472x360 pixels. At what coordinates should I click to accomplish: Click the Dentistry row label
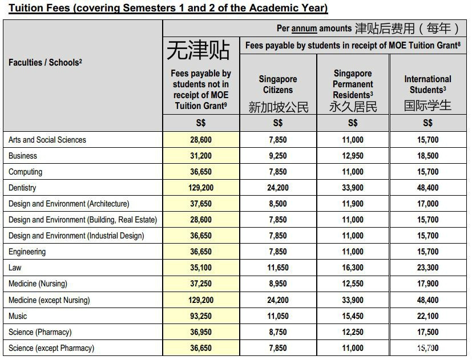[x=22, y=188]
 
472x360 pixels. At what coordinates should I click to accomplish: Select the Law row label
[x=15, y=268]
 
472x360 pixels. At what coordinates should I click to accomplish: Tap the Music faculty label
[x=18, y=316]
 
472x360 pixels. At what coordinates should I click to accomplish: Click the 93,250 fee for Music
[x=201, y=316]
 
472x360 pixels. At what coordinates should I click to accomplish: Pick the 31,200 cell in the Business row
[x=201, y=156]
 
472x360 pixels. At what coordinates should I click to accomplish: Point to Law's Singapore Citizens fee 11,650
[x=278, y=268]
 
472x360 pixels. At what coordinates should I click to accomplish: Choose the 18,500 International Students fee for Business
[x=427, y=156]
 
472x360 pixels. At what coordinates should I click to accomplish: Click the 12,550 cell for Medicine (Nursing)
[x=353, y=284]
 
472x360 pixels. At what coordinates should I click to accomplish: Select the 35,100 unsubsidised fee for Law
[x=201, y=268]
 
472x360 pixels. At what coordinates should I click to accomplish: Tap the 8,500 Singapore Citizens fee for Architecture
[x=278, y=204]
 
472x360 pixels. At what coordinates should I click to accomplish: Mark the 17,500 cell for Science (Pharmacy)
[x=427, y=332]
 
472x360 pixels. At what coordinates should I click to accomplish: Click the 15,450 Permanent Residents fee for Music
[x=353, y=316]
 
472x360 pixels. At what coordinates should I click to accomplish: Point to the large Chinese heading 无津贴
[x=198, y=50]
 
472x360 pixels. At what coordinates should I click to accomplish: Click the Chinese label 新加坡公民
[x=278, y=107]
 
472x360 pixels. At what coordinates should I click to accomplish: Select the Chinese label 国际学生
[x=427, y=106]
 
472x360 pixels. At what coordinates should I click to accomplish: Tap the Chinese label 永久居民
[x=353, y=107]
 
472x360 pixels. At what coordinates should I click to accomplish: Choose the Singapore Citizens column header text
[x=278, y=84]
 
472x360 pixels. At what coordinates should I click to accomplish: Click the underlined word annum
[x=304, y=29]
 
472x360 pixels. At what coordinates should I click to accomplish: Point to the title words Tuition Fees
[x=34, y=8]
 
